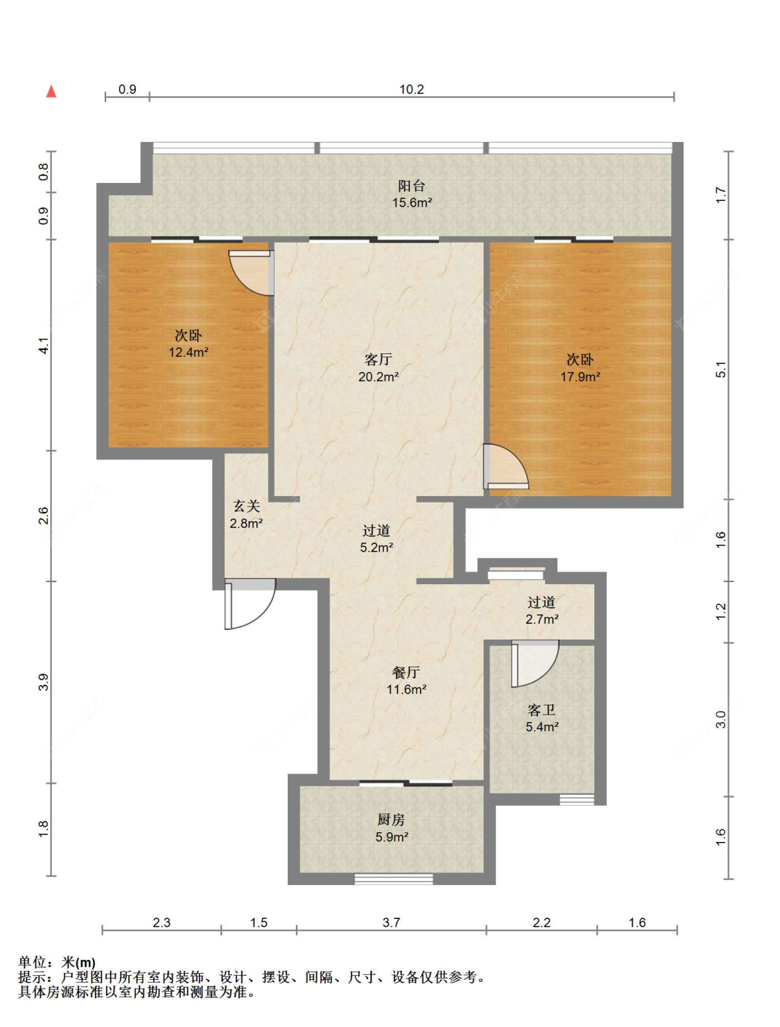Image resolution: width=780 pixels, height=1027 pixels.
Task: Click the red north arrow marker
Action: pos(51,91)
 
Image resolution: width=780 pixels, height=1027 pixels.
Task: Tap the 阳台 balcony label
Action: pos(411,186)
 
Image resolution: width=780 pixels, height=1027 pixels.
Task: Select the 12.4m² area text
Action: pos(189,352)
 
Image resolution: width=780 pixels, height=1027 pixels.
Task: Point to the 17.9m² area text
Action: pos(580,376)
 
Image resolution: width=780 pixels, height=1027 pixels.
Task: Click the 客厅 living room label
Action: pos(378,360)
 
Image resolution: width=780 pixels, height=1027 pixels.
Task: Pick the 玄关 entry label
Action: pos(246,506)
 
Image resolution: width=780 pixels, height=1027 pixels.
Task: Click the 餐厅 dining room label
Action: pos(406,672)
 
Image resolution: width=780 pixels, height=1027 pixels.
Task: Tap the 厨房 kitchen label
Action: pos(391,819)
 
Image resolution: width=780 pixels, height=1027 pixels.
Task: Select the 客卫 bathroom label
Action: pos(541,710)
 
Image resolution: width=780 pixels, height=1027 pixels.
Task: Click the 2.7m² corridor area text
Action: pos(541,619)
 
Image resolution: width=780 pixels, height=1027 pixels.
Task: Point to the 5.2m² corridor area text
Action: pos(376,547)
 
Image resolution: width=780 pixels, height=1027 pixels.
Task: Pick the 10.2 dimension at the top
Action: pos(411,89)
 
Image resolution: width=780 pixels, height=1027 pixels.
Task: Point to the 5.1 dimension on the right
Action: pos(721,369)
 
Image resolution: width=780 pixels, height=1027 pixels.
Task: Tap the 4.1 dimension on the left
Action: pos(43,345)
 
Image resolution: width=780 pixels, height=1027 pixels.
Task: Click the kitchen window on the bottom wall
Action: pos(394,879)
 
